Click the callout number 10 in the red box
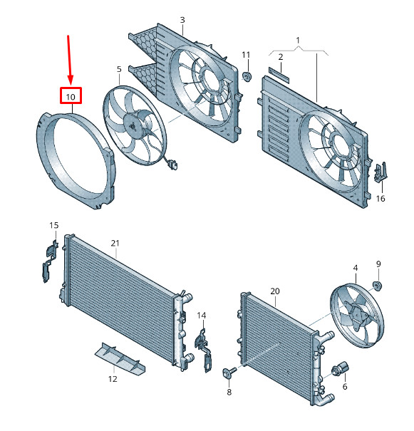point(71,97)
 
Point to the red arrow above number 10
point(70,60)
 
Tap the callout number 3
point(182,20)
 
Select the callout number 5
point(119,69)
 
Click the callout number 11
point(246,55)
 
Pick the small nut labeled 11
point(247,77)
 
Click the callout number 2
point(281,57)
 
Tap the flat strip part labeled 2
point(279,75)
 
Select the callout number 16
point(381,199)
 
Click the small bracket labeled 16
point(381,172)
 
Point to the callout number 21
point(115,243)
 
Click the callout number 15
point(54,225)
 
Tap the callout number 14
point(202,316)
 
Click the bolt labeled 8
point(229,373)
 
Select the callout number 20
point(275,291)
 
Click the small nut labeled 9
point(377,286)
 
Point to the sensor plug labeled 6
point(341,368)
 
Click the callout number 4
point(356,268)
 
